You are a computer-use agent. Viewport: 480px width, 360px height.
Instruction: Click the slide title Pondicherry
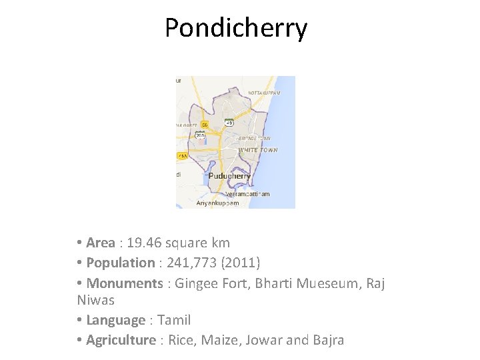click(x=236, y=28)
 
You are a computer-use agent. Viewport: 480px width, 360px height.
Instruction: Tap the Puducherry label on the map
click(x=229, y=176)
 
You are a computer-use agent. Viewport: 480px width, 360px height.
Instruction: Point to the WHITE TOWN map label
click(x=258, y=150)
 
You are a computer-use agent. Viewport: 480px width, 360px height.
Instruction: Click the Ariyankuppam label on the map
click(x=217, y=203)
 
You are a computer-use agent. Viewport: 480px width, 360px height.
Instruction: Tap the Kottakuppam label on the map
click(x=263, y=93)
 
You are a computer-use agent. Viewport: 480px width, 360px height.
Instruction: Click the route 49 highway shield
click(x=229, y=123)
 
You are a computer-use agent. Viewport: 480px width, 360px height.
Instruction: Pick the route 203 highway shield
click(x=199, y=135)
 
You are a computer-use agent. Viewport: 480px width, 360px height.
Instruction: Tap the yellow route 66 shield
click(x=205, y=125)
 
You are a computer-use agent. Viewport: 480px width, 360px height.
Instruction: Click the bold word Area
click(x=101, y=243)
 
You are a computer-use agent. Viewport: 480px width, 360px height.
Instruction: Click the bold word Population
click(x=120, y=263)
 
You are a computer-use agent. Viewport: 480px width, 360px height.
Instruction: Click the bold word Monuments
click(x=125, y=283)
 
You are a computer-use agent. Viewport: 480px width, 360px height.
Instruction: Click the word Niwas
click(x=96, y=301)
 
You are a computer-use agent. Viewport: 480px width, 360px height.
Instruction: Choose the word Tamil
click(x=174, y=321)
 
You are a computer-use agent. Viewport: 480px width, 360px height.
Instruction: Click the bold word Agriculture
click(x=121, y=340)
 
